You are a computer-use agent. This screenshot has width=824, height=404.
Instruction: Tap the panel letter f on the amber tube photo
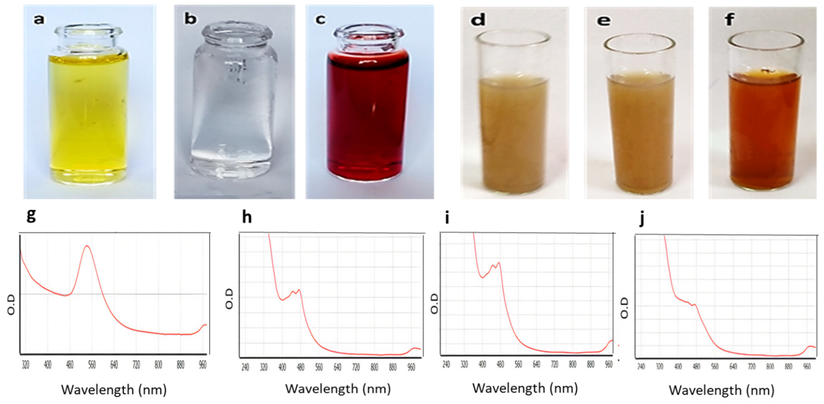pos(729,20)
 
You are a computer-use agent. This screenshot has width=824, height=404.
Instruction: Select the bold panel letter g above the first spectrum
pos(31,215)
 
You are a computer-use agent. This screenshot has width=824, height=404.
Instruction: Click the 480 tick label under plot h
pos(300,367)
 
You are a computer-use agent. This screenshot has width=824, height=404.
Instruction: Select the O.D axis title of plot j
pos(624,308)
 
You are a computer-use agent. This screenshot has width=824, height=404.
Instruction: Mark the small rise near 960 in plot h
pos(415,348)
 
